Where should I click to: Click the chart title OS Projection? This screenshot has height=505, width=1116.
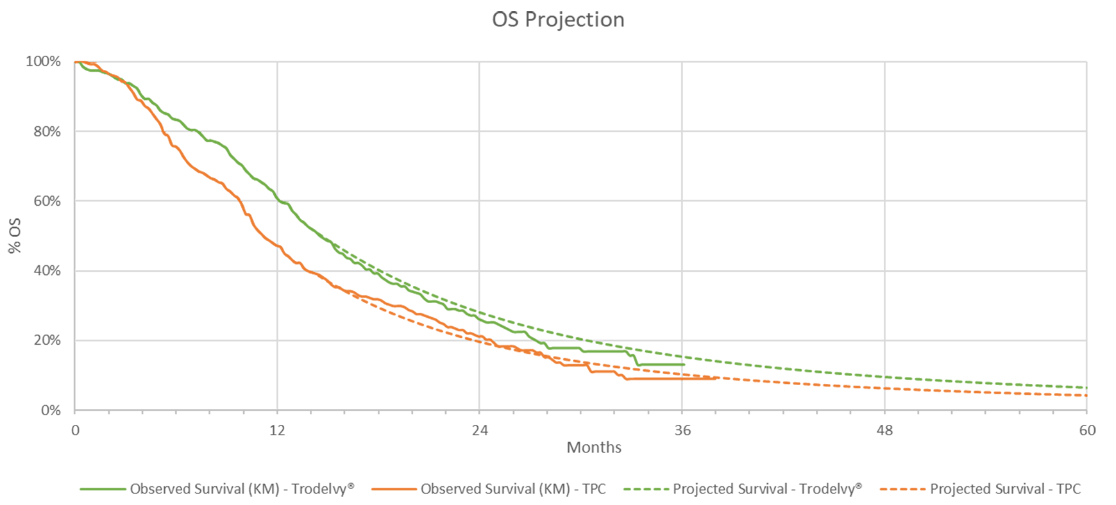[x=558, y=20]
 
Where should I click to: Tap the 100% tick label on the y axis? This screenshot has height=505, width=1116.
[x=43, y=62]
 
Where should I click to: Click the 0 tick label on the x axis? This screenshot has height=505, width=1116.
[x=75, y=430]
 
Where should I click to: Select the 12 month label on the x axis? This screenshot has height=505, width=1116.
[x=277, y=430]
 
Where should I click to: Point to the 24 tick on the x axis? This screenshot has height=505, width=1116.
[x=480, y=430]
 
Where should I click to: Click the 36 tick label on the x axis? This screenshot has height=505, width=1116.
[x=682, y=430]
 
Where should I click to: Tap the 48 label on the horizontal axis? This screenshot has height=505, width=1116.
[x=884, y=430]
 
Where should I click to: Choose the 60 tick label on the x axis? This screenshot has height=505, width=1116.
[x=1087, y=430]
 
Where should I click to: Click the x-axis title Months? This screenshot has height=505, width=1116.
[x=594, y=447]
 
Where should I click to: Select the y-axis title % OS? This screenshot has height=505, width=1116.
[x=14, y=235]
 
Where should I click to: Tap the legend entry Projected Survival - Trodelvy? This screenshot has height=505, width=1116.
[x=766, y=489]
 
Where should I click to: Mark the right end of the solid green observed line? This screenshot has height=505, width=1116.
[x=684, y=365]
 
